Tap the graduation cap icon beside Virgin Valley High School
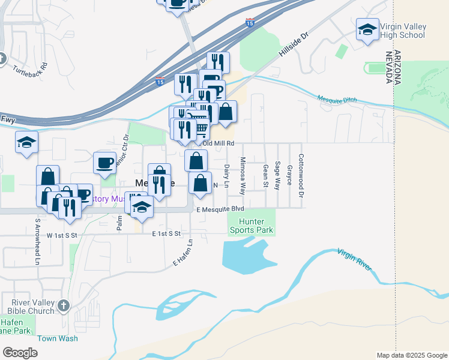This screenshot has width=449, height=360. [367, 29]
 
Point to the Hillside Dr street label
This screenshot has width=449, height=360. [293, 46]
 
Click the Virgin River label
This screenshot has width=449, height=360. [355, 259]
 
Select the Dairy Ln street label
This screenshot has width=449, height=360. [227, 176]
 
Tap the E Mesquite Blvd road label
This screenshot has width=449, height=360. [221, 209]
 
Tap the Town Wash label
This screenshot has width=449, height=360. [58, 338]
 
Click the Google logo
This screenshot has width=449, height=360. [20, 353]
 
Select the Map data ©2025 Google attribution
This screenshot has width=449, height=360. [412, 355]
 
